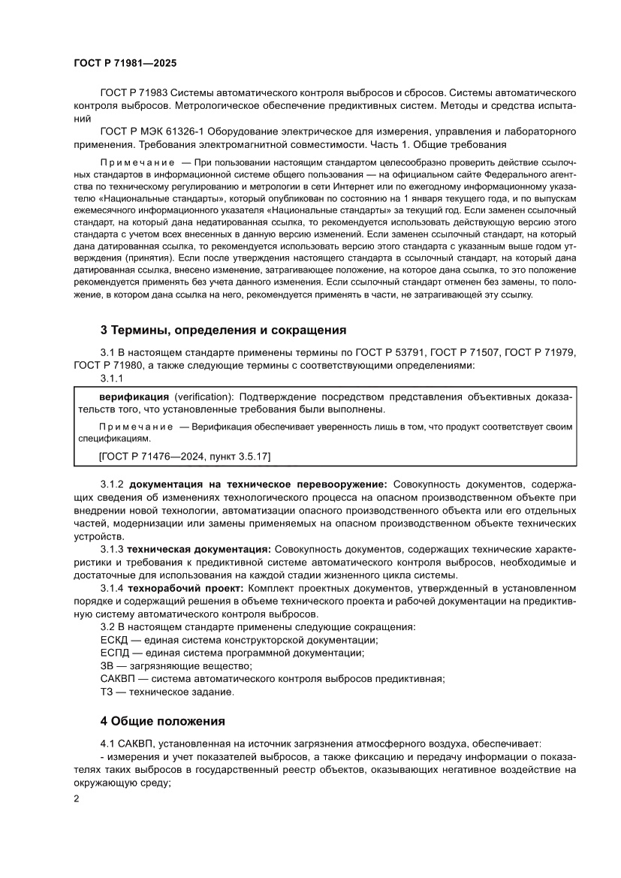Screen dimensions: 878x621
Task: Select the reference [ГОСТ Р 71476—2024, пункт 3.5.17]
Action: (x=185, y=456)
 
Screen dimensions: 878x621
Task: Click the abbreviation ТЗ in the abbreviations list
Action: (x=107, y=692)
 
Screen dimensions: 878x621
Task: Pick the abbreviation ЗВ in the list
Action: (x=108, y=665)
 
